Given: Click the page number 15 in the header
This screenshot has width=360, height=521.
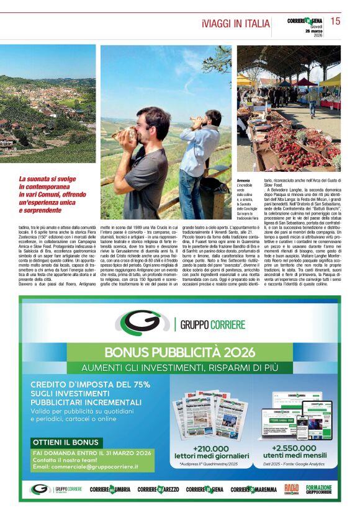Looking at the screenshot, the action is coord(335,21).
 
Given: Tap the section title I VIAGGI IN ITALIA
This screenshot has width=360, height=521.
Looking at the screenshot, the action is coord(233,24).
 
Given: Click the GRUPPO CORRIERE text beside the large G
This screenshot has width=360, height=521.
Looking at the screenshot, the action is coord(213,324).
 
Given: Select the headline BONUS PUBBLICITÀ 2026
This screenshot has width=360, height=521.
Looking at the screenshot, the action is coord(179,353).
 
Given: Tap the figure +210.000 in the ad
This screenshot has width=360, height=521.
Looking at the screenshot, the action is coord(210,448).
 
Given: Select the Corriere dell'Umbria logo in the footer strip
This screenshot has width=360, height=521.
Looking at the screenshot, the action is coord(111,489).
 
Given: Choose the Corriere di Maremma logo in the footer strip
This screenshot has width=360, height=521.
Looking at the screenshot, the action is coord(255,489).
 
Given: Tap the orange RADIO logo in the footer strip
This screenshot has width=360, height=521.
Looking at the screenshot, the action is coord(291,489).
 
